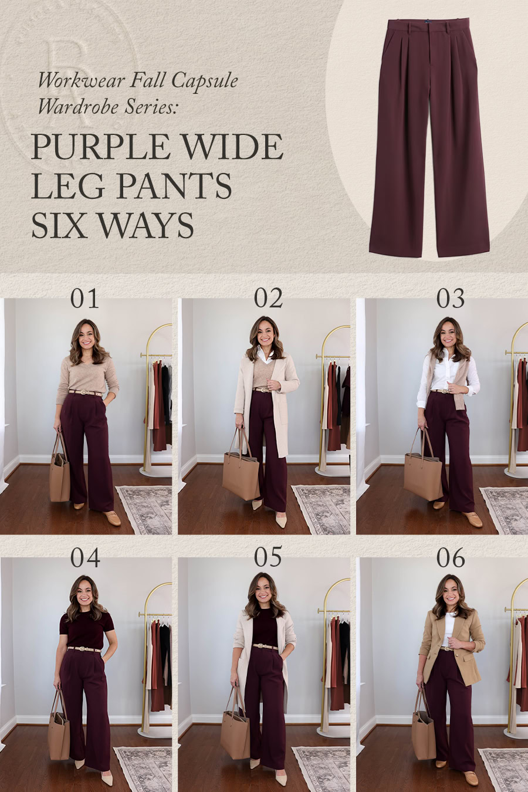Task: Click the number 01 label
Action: pos(85,299)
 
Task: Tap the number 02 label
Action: pos(268,299)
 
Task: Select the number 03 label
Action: pos(451,299)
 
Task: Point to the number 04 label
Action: pos(85,558)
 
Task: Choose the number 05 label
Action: pos(268,558)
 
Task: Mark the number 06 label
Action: pos(451,558)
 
